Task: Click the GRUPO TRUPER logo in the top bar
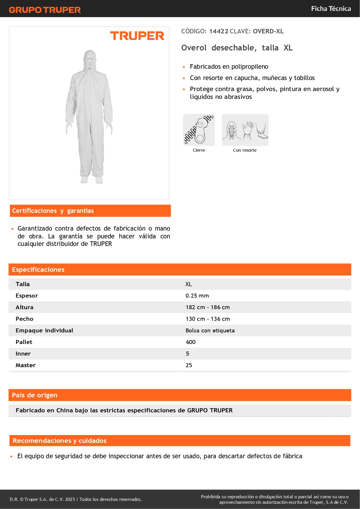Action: click(45, 10)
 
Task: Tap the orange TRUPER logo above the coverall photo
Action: click(137, 36)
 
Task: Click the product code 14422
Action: click(219, 31)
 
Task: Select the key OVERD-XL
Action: click(268, 31)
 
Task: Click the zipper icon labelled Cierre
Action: click(199, 130)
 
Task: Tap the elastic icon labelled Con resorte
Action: click(245, 130)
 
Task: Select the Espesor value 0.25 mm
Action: click(197, 296)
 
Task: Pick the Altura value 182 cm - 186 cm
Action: click(208, 307)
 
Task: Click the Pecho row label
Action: click(25, 319)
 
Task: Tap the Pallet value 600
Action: click(191, 342)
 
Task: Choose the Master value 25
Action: click(189, 365)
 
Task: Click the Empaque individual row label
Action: click(44, 331)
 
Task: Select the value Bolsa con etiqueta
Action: click(210, 331)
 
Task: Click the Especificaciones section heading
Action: click(38, 270)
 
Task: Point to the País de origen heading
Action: click(35, 395)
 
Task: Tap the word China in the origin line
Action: click(65, 410)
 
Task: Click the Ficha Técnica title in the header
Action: click(331, 9)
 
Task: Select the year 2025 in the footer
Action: click(70, 499)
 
